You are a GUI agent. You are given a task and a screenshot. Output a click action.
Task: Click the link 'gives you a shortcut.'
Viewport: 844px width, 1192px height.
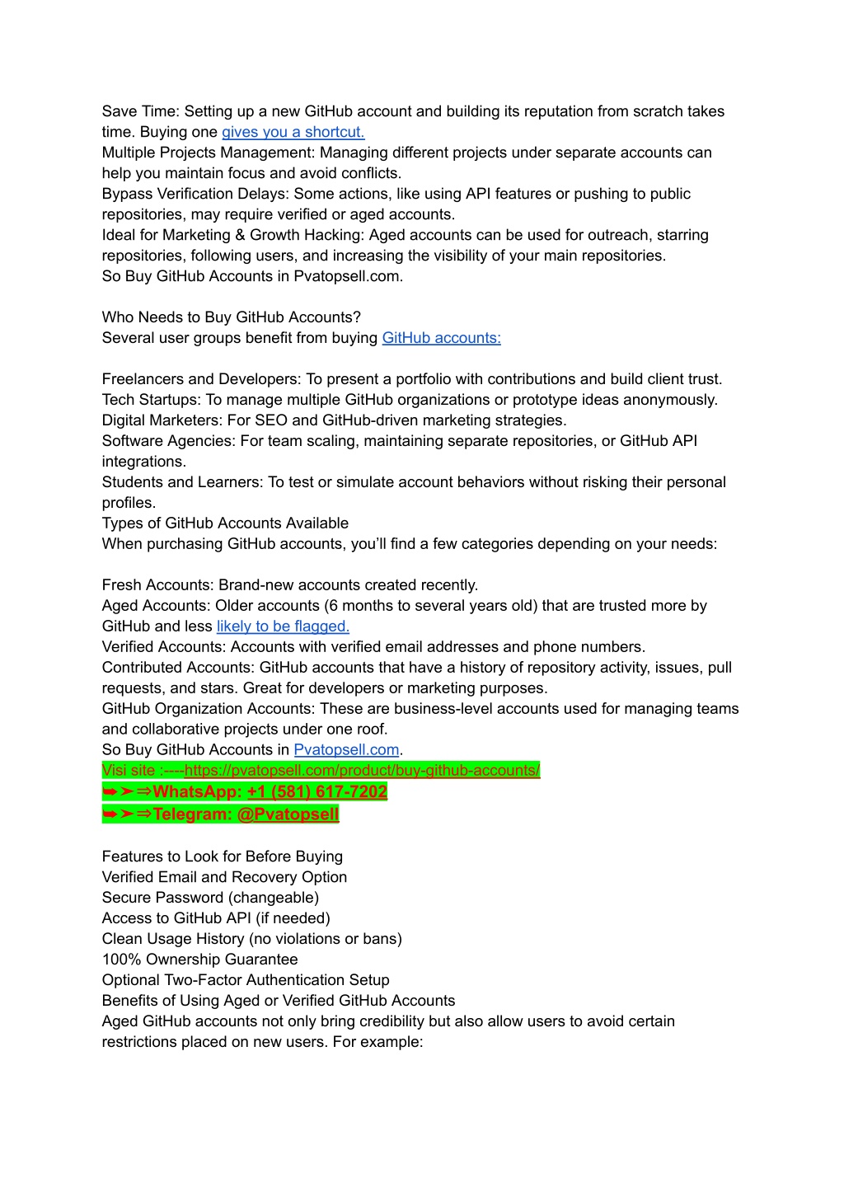[293, 132]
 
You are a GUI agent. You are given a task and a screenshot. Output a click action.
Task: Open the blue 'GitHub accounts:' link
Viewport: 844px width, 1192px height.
[441, 338]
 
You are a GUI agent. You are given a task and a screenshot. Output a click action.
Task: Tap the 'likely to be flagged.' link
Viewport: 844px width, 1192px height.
[283, 627]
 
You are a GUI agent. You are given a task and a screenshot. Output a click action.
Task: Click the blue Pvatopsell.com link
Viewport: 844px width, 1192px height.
[346, 750]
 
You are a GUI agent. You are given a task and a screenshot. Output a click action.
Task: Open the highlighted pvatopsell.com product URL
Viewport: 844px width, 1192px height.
[362, 771]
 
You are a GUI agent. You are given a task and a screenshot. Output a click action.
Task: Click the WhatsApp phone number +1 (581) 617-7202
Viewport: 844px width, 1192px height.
[316, 792]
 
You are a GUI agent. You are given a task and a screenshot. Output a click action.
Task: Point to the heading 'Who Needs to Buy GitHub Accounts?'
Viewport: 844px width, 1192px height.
[232, 317]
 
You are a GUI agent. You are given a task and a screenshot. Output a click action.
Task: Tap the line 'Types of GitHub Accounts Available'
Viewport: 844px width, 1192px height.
[225, 523]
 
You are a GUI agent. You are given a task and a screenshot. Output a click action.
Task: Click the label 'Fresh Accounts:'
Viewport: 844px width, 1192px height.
[158, 585]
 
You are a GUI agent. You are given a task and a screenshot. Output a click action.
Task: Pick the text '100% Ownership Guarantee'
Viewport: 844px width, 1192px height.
[199, 960]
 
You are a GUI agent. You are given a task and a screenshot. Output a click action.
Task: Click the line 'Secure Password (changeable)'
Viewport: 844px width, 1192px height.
[210, 898]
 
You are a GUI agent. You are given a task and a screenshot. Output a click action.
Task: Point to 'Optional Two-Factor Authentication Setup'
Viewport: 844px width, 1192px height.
[246, 980]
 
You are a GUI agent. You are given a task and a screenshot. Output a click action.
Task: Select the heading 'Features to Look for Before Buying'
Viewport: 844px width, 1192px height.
[223, 856]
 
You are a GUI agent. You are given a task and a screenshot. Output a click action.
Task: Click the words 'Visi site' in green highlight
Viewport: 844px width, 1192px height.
[129, 771]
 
